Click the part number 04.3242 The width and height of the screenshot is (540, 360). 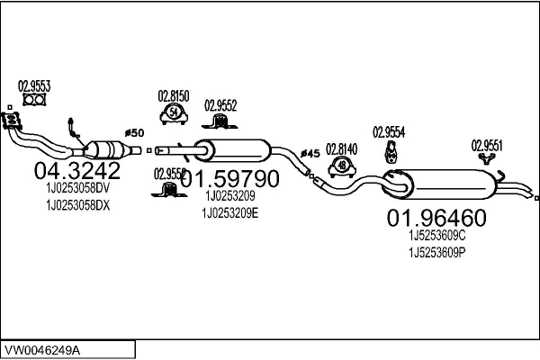pos(76,171)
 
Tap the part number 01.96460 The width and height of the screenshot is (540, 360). pos(436,218)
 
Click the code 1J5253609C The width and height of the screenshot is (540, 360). pos(437,234)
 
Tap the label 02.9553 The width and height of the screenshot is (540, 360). pos(34,87)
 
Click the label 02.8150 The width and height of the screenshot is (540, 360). pos(174,95)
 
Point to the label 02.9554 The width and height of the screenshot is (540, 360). pos(389,131)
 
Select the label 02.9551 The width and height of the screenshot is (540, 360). pos(488,144)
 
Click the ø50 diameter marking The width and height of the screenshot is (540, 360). pos(133,133)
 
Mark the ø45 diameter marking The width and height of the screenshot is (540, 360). pos(310,153)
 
